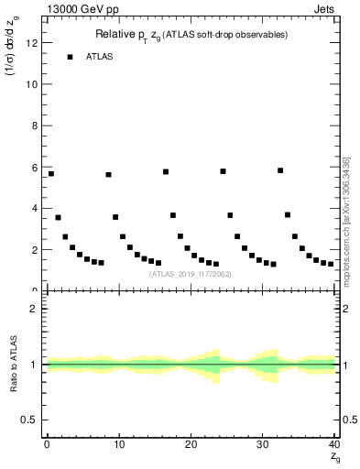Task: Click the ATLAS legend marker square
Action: click(70, 57)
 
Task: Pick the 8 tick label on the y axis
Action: click(35, 125)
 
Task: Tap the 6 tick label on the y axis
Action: click(35, 167)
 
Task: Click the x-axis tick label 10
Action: click(118, 444)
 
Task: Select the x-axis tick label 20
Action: click(191, 444)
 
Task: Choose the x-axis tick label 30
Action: click(263, 444)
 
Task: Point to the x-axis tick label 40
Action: click(334, 444)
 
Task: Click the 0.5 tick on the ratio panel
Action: click(31, 420)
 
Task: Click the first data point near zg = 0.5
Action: click(50, 173)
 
